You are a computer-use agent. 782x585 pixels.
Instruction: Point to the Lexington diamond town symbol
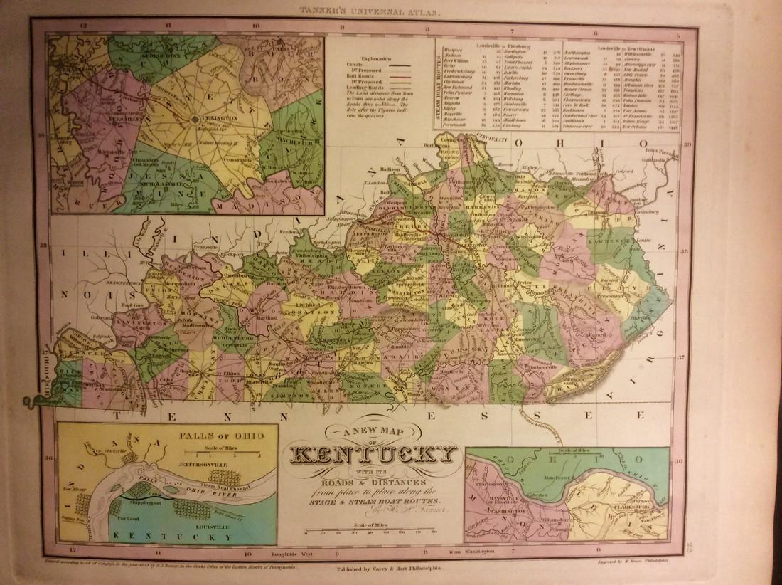(195, 120)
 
